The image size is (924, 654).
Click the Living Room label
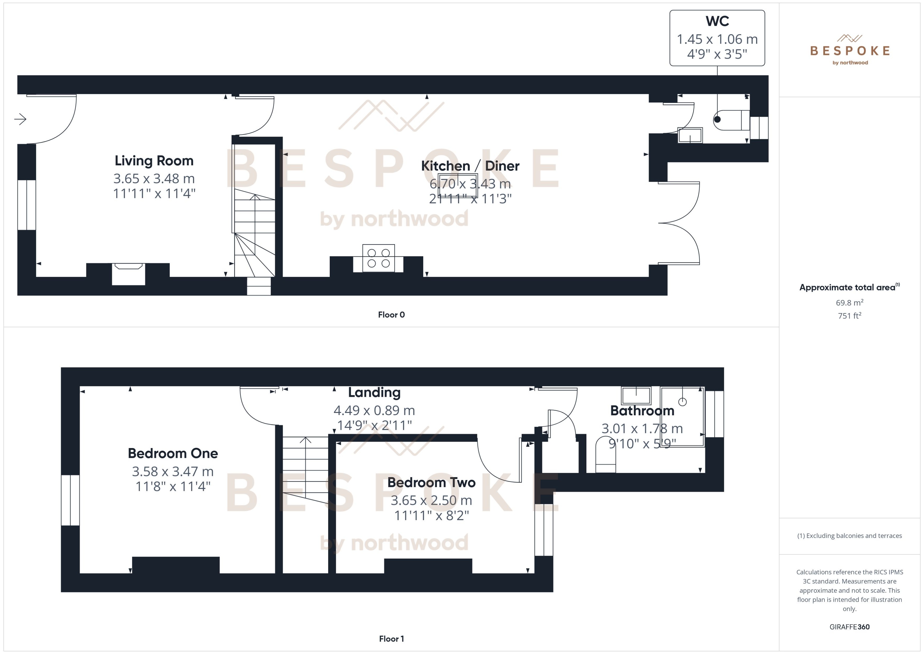click(x=154, y=161)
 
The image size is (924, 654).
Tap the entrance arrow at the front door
click(x=20, y=119)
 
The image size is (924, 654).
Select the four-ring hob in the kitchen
click(x=379, y=258)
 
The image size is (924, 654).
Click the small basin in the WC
click(x=690, y=135)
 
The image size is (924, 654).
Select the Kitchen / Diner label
click(x=470, y=166)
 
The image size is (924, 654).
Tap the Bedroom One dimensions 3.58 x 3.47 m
click(x=173, y=471)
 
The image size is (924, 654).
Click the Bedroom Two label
click(x=431, y=482)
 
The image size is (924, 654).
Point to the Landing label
click(x=374, y=392)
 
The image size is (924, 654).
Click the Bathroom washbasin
click(x=636, y=396)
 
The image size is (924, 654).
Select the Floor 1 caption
click(x=391, y=639)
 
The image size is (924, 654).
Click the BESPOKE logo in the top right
click(x=850, y=51)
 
